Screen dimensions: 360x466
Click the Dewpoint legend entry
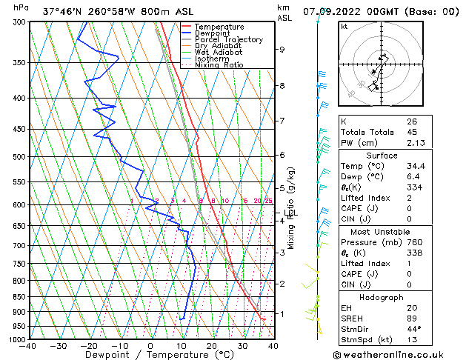(211, 33)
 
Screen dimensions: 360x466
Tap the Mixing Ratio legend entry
(219, 65)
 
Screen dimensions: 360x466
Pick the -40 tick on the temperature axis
(29, 345)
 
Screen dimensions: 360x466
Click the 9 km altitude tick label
(282, 50)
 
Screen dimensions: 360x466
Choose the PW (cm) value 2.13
(415, 144)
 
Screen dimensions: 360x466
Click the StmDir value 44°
(413, 330)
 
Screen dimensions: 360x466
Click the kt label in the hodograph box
(344, 26)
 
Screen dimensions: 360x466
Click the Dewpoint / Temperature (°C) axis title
(150, 355)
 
